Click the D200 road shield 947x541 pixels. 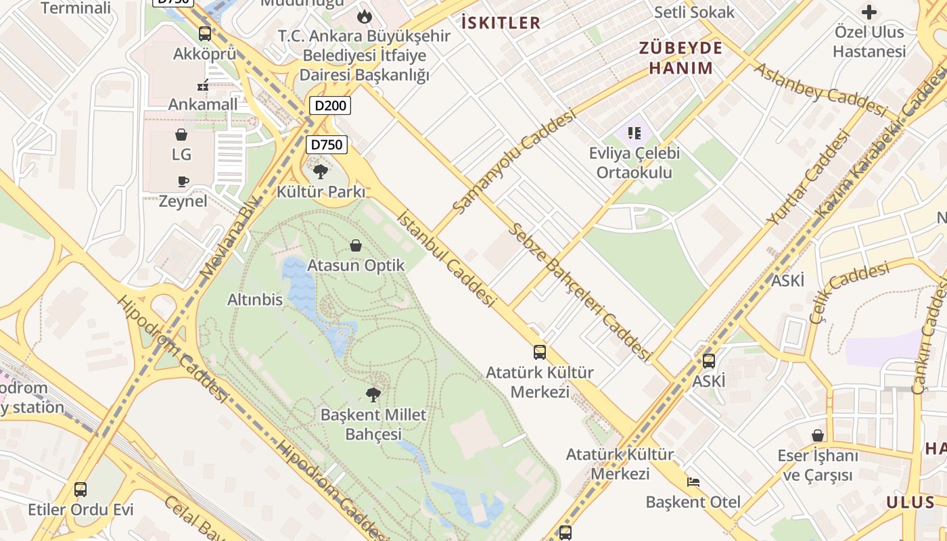[330, 105]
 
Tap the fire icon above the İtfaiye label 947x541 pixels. [365, 16]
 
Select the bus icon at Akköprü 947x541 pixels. [205, 34]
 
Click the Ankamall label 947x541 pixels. [203, 104]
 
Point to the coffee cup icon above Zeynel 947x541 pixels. [183, 181]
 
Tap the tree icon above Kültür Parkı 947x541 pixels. [321, 171]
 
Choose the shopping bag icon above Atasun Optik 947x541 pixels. [356, 245]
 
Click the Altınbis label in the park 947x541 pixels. [255, 300]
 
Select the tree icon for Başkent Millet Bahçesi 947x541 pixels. [373, 395]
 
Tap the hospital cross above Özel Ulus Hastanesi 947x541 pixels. [869, 12]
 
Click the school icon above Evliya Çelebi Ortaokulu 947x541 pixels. [634, 133]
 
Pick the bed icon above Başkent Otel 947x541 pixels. [693, 482]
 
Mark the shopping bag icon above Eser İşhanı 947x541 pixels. [818, 436]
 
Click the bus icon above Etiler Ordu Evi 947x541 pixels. [80, 489]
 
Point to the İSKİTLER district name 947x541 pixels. [501, 23]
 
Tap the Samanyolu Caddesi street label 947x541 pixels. [513, 162]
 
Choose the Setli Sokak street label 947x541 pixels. [694, 12]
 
